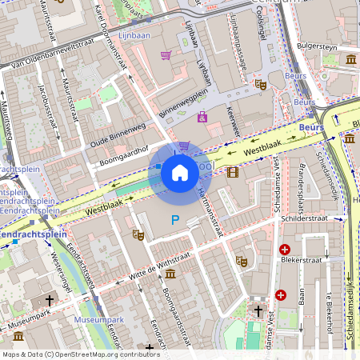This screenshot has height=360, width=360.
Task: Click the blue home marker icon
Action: click(180, 173)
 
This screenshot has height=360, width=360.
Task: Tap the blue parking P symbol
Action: click(174, 220)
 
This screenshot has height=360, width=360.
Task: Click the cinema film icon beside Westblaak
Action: click(232, 172)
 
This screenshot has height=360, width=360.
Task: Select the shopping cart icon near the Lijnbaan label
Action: click(166, 55)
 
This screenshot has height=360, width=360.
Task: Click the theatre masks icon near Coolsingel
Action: click(260, 83)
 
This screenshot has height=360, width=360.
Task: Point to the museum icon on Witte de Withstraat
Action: click(171, 274)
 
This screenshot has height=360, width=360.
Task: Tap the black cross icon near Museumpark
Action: click(50, 300)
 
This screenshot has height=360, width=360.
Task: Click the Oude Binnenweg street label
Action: click(117, 136)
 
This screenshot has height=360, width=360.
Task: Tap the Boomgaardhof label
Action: click(123, 155)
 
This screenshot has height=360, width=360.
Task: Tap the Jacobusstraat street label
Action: click(48, 104)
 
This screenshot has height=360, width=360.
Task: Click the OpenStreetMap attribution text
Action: click(80, 354)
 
